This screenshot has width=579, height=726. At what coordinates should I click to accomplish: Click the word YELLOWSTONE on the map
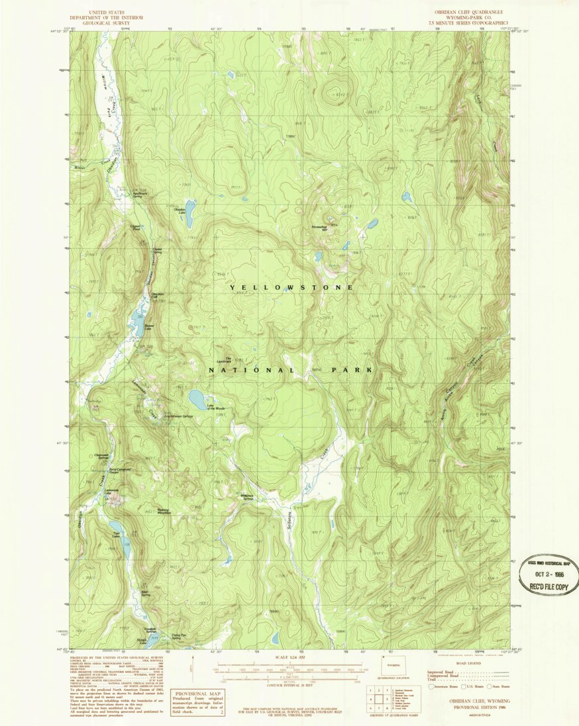[291, 288]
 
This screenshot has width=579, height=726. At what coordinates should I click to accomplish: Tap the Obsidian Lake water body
[190, 212]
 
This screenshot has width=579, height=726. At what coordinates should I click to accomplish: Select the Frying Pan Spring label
[180, 637]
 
